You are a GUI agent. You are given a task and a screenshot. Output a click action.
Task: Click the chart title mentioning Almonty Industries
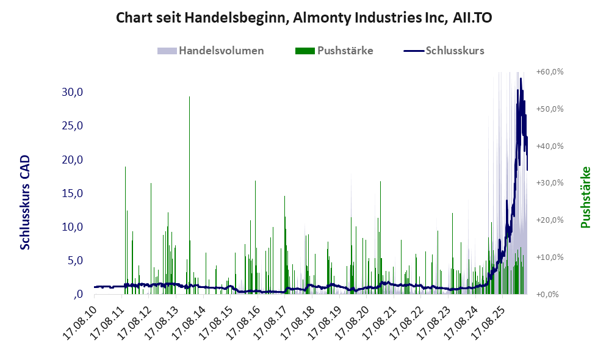[304, 18]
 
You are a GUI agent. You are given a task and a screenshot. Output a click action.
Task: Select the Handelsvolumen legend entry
[211, 51]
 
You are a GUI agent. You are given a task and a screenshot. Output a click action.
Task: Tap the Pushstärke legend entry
[334, 51]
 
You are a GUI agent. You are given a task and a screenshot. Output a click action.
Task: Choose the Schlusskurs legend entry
[444, 51]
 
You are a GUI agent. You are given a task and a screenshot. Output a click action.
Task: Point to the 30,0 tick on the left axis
[73, 92]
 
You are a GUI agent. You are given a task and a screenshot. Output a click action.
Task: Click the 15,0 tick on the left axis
[73, 193]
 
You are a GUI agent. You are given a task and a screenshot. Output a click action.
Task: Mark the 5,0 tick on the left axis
[75, 260]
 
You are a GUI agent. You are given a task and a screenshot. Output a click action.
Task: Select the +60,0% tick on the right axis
[550, 72]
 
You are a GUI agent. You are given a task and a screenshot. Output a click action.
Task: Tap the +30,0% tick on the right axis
[550, 183]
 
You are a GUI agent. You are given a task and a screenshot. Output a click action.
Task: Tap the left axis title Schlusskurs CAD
[25, 203]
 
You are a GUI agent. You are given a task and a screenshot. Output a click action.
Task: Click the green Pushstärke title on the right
[585, 197]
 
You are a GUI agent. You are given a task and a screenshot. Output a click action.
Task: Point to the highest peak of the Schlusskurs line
[521, 79]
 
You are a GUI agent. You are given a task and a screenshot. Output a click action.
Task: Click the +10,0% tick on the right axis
[550, 257]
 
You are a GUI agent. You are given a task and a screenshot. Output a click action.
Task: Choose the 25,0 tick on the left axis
[73, 126]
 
